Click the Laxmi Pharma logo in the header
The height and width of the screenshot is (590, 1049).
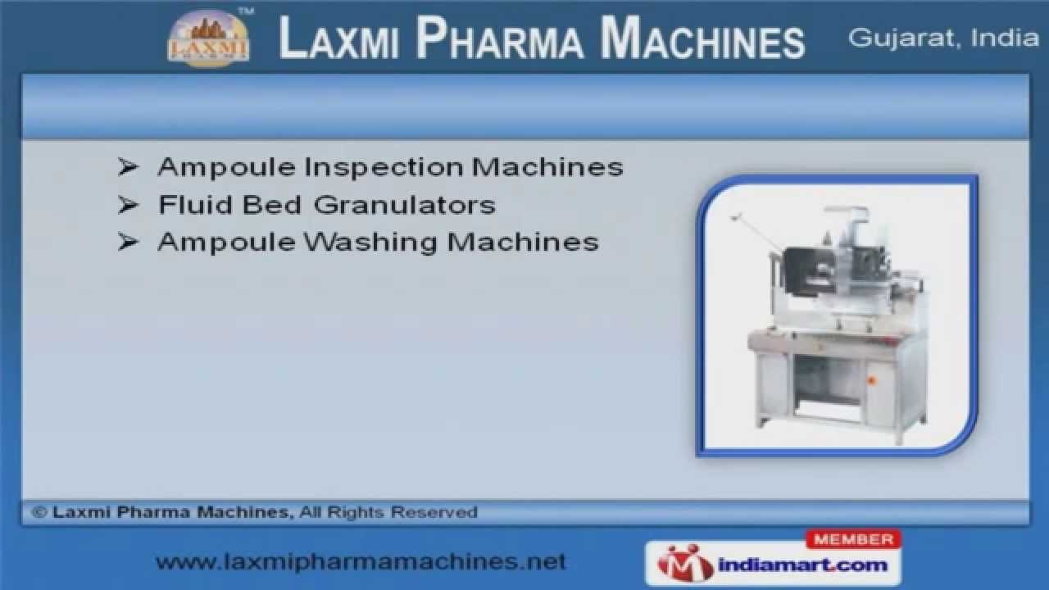click(208, 39)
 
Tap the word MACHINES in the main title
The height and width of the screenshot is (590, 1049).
click(702, 39)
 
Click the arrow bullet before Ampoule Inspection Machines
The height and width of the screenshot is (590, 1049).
click(127, 167)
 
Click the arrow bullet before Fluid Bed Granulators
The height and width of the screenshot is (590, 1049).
click(127, 205)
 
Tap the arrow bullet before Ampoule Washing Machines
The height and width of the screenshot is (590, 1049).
click(127, 243)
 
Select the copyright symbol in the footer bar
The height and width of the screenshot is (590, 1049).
click(39, 513)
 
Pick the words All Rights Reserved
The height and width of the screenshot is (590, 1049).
click(388, 513)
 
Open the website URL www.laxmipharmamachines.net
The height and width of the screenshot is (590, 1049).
click(361, 562)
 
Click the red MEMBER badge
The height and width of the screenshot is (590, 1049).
click(853, 539)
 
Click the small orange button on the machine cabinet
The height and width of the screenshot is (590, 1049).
click(870, 379)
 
